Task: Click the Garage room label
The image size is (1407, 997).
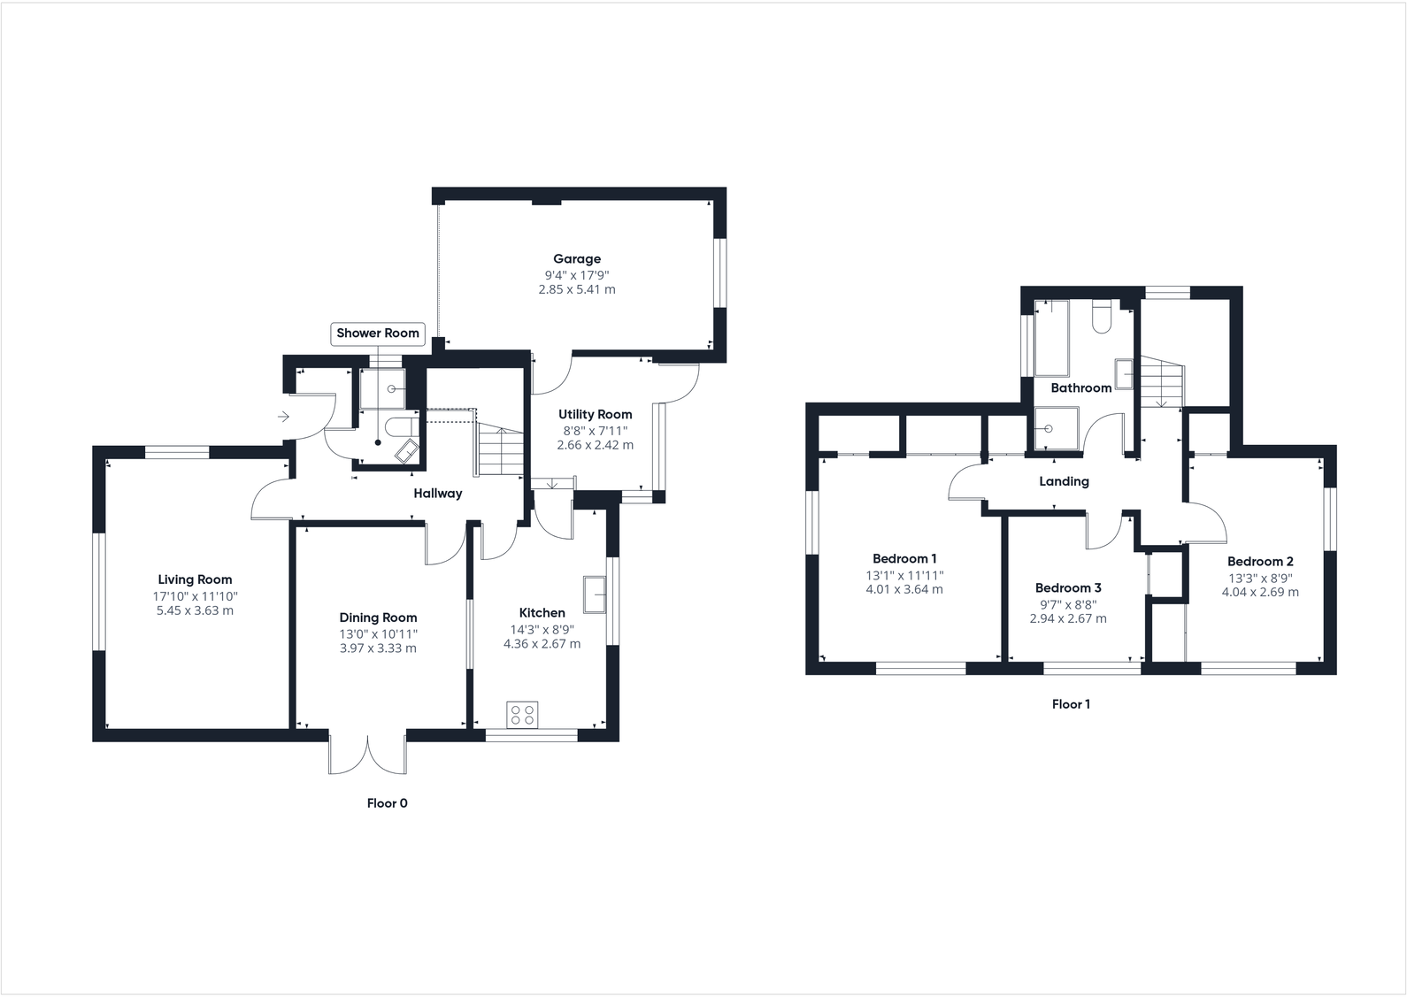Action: coord(577,259)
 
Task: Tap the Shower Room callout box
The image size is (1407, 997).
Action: coord(378,334)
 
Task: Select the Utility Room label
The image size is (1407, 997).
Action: coord(595,414)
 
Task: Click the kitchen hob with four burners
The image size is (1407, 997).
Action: coord(522,714)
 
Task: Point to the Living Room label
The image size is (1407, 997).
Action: coord(195,579)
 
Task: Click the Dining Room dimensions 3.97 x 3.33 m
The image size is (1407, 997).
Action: coord(378,648)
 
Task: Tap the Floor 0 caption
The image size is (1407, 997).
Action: coord(388,803)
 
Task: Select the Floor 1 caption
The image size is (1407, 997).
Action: coord(1071,704)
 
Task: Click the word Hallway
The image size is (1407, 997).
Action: coord(438,494)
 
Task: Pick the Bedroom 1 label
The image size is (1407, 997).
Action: coord(904,558)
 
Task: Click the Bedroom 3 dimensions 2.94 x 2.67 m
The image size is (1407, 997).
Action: coord(1068,618)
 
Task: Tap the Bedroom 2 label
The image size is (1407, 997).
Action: coord(1260,561)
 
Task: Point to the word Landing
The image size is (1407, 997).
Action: coord(1064,481)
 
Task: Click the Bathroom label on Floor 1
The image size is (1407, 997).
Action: coord(1080,387)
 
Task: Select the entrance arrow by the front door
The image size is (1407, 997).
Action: coord(283,416)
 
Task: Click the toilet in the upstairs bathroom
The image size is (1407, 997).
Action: coord(1102,318)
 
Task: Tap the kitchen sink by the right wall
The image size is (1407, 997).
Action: coord(595,594)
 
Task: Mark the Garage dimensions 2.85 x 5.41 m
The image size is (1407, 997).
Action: coord(577,289)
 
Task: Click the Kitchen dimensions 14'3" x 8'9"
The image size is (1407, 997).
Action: coord(542,630)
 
